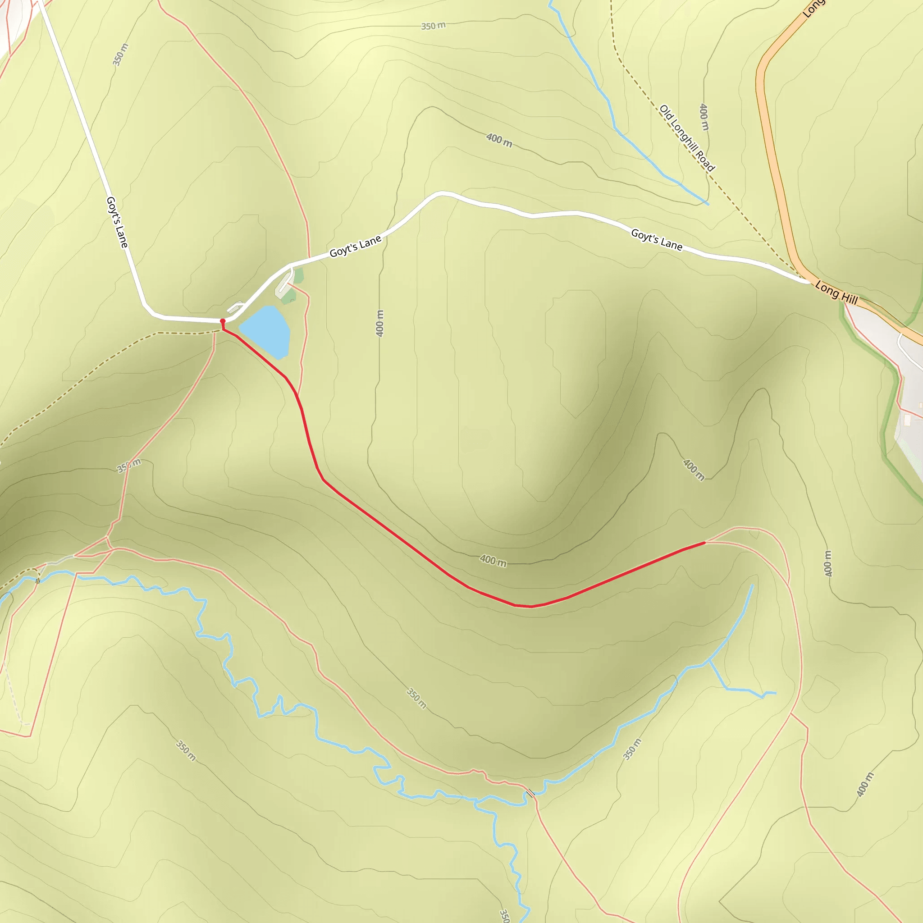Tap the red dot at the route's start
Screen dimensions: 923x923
[x=223, y=321]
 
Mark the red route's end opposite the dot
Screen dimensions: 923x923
[x=704, y=543]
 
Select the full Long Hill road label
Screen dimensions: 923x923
[x=836, y=293]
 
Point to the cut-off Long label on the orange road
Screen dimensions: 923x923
[x=812, y=9]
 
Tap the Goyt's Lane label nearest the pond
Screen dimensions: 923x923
[x=356, y=246]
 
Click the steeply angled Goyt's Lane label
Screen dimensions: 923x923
[x=117, y=222]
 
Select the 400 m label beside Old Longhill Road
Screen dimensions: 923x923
[x=704, y=117]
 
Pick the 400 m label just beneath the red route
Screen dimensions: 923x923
[x=493, y=560]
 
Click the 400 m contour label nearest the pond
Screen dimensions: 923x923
[x=380, y=324]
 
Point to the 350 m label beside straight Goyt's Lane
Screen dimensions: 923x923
[x=120, y=55]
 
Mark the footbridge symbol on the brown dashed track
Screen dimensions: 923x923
[x=38, y=581]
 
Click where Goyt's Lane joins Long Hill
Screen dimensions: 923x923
[x=809, y=282]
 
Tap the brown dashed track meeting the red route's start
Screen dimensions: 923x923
[x=182, y=333]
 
